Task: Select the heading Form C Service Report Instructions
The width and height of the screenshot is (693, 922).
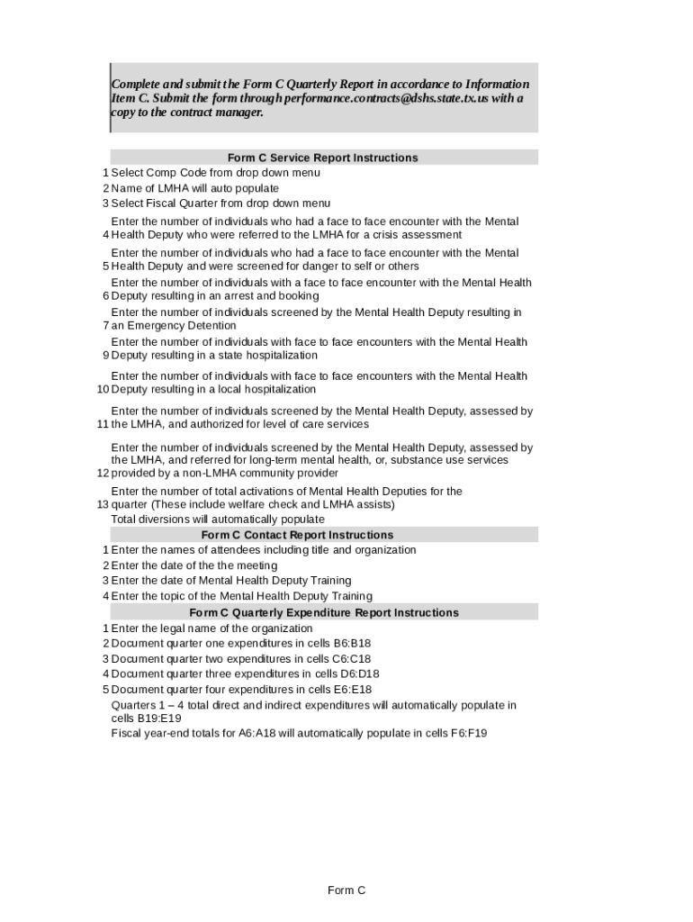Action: tap(323, 158)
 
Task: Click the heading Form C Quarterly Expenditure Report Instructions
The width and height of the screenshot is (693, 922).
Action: tap(324, 612)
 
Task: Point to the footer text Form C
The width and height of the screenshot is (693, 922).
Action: tap(346, 890)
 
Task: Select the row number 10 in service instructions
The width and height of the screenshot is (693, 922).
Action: tap(103, 390)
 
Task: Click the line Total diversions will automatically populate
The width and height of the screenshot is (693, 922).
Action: tap(218, 520)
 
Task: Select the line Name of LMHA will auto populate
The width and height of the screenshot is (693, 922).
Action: tap(194, 188)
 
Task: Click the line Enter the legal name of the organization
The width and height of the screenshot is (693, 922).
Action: tap(211, 628)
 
